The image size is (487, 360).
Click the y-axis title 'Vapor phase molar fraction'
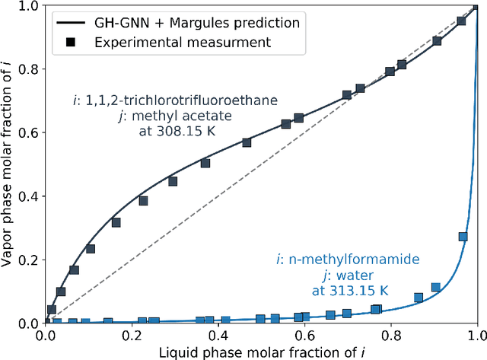pyautogui.click(x=9, y=164)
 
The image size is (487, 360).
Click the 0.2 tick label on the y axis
pyautogui.click(x=29, y=260)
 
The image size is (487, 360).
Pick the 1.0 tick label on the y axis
pyautogui.click(x=29, y=6)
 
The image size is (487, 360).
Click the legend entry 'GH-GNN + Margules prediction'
pyautogui.click(x=197, y=22)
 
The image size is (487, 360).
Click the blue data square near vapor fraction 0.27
pyautogui.click(x=463, y=237)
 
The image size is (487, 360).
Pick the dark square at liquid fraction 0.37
pyautogui.click(x=205, y=163)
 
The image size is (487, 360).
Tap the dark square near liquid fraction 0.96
pyautogui.click(x=461, y=21)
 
